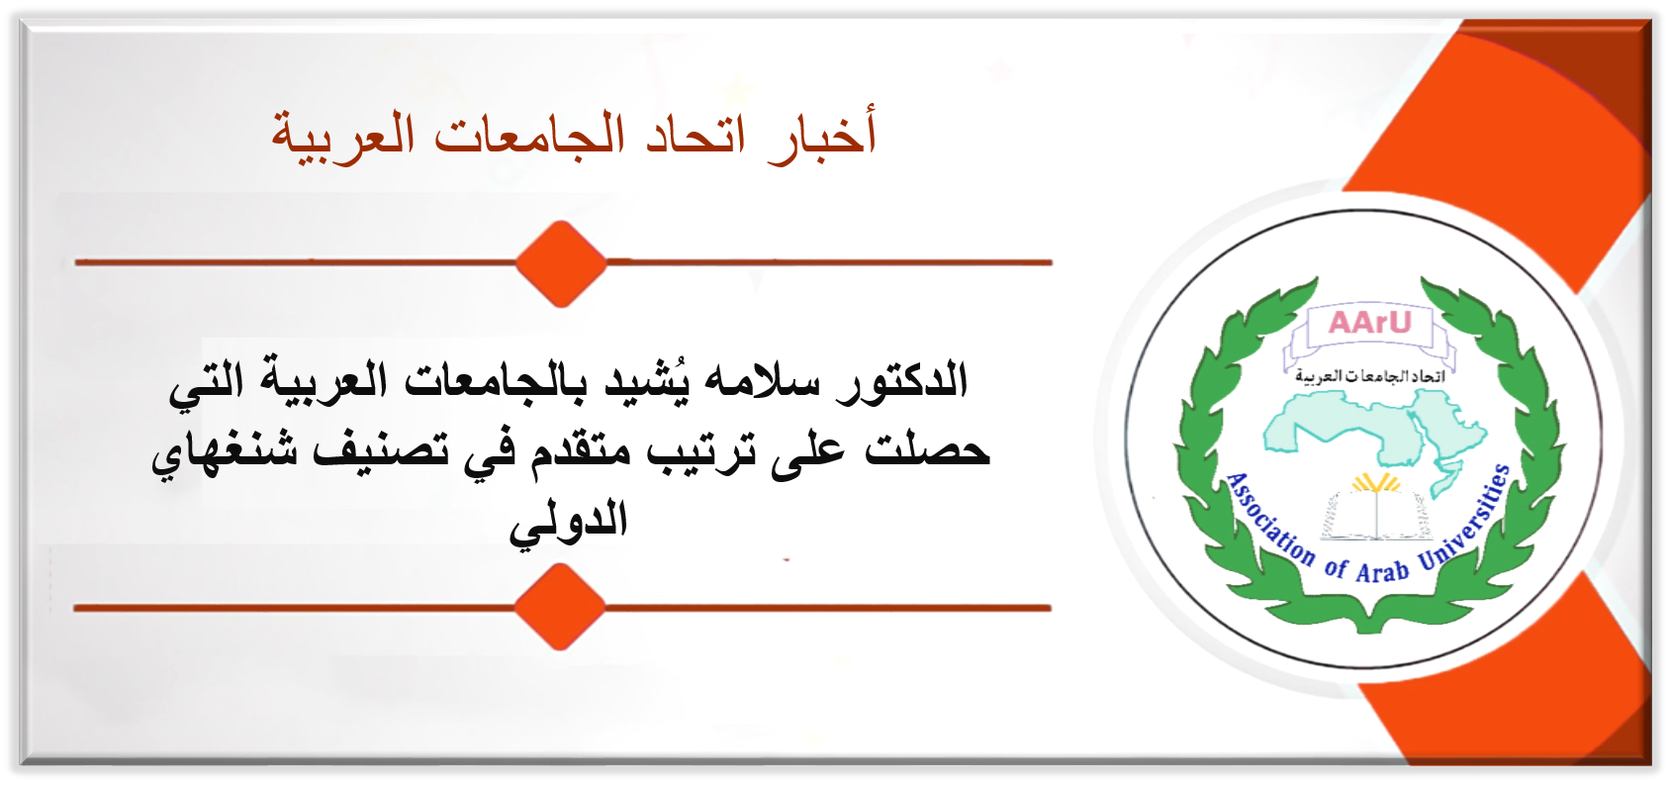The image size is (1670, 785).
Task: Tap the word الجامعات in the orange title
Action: (519, 135)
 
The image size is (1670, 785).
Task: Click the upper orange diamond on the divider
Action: (561, 263)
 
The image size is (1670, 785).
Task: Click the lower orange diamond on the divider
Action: (559, 607)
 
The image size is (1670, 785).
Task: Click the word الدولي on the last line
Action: (568, 521)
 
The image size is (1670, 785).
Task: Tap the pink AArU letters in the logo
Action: (1370, 323)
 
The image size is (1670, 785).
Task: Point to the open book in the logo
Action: (1376, 514)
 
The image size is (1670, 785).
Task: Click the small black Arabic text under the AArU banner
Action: (1370, 375)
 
